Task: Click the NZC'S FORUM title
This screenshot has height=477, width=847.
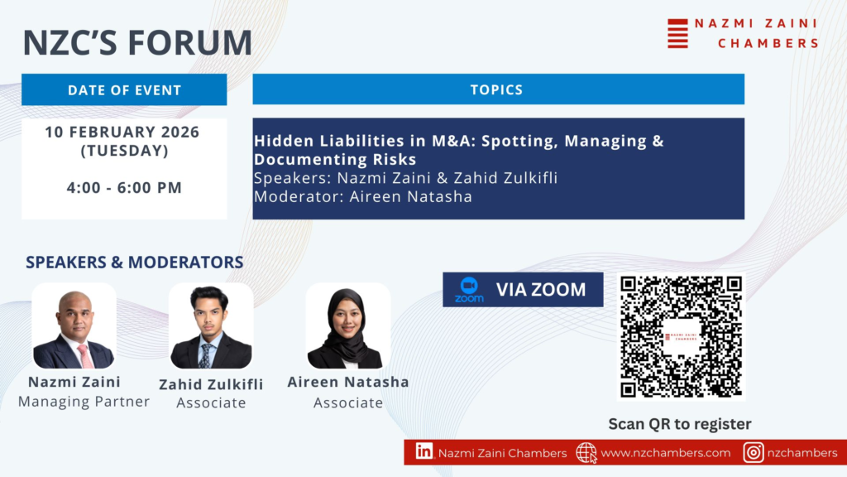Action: [138, 42]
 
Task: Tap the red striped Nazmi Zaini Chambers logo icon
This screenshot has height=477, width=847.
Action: [678, 33]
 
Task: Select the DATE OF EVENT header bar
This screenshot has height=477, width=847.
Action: [124, 89]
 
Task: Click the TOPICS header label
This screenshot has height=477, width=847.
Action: [496, 89]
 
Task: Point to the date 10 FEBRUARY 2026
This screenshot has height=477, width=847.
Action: [122, 132]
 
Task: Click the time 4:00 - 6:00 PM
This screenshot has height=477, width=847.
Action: [124, 188]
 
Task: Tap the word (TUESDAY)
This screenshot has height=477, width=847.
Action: [124, 151]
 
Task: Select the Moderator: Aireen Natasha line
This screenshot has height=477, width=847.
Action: [363, 196]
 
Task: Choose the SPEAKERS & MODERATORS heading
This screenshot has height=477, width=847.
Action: [135, 263]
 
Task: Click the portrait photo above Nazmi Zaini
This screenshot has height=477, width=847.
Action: [74, 326]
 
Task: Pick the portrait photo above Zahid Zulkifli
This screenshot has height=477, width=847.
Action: [211, 326]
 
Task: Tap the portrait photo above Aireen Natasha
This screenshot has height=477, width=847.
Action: [348, 326]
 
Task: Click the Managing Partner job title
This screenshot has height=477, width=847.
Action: [84, 402]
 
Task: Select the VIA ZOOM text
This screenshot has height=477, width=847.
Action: [541, 290]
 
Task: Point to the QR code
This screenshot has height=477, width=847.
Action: [682, 336]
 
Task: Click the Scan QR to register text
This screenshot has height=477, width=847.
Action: [680, 424]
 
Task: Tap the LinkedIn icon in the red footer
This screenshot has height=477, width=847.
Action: [424, 451]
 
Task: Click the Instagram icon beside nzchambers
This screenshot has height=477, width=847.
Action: [754, 452]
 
